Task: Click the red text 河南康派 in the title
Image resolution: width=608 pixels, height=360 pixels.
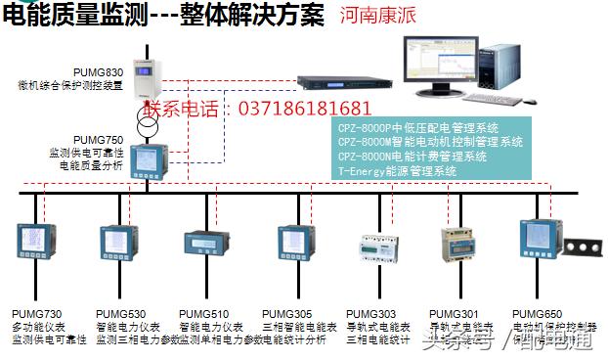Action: tap(376, 17)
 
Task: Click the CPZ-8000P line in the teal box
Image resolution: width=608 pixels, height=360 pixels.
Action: tap(417, 128)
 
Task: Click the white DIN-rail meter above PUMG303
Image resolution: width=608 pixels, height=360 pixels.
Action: tap(371, 244)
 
